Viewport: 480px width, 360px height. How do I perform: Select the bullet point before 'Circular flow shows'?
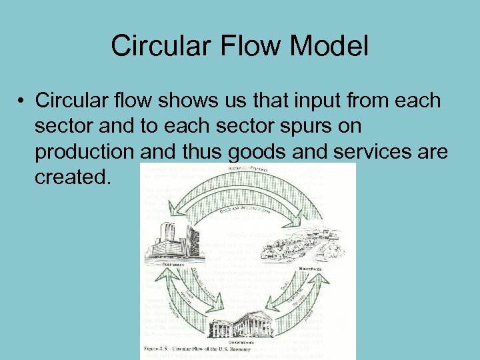(x=22, y=101)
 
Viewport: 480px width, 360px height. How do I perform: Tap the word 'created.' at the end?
(x=70, y=177)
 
